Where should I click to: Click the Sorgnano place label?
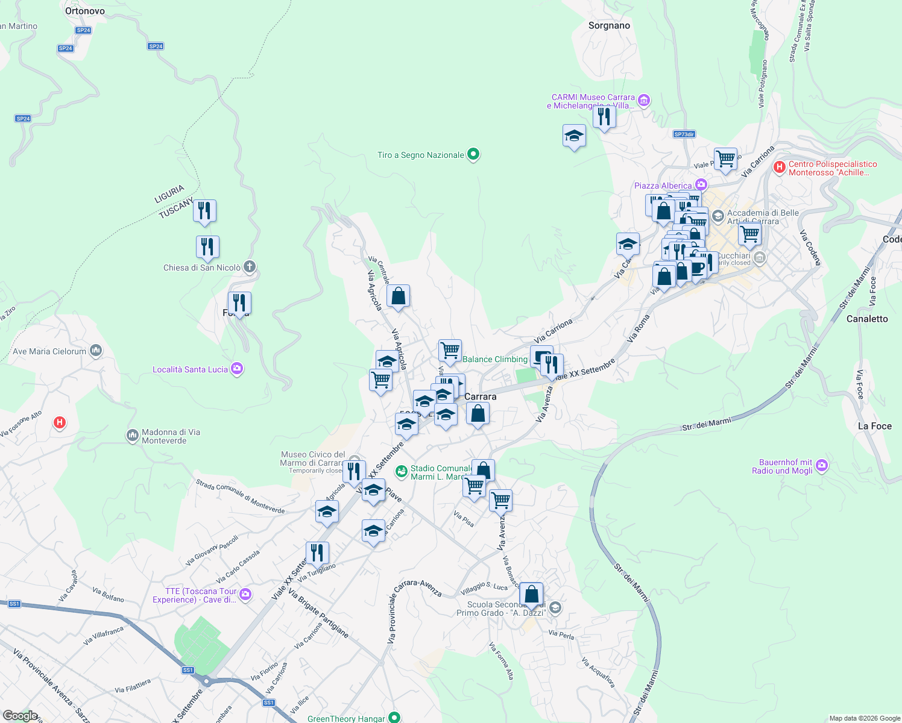609,25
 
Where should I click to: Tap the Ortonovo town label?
84,11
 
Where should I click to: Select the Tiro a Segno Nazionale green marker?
474,155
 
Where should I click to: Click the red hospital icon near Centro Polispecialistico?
779,167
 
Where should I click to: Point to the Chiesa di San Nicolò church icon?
250,267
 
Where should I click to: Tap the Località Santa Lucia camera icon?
237,369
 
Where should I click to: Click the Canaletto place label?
867,319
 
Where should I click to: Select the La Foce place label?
874,426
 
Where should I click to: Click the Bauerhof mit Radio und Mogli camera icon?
821,465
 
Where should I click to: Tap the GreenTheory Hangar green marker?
394,717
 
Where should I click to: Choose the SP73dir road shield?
684,134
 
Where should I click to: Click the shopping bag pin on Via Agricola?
398,296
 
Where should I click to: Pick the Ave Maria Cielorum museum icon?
95,351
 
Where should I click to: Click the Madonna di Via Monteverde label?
171,436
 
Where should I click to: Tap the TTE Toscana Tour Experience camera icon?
245,595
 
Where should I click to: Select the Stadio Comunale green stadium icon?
401,471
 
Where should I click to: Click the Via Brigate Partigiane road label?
318,613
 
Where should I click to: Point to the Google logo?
20,715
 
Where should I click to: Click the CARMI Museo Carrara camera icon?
644,100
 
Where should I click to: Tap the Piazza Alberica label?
663,186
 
